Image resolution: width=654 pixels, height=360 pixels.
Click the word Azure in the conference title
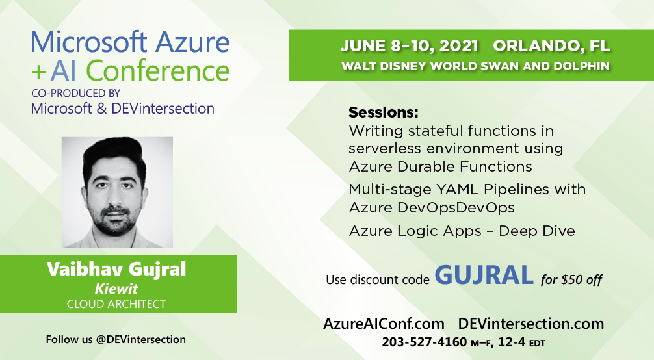[192, 42]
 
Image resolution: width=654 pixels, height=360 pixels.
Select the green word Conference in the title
[158, 70]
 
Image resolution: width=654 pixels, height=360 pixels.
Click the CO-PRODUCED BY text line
[75, 93]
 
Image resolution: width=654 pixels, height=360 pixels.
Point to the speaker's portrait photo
[117, 192]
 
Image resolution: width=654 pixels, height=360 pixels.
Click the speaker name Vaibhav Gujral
[116, 269]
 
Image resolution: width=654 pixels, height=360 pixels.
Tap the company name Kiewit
[116, 289]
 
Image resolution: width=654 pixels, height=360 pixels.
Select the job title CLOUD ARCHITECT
[116, 304]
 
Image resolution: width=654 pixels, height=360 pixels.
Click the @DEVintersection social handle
[141, 340]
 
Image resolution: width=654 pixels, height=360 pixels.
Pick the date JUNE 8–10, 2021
[409, 46]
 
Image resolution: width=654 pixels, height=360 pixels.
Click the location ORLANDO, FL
[551, 46]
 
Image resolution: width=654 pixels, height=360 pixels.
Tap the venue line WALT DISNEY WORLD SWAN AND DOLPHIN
[475, 66]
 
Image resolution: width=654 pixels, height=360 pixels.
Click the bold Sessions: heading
[384, 112]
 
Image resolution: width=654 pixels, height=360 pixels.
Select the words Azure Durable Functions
[441, 167]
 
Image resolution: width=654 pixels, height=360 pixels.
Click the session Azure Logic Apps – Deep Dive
[462, 231]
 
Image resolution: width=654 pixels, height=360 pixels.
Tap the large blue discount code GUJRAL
[484, 275]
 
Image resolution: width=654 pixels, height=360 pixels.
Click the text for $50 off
[571, 279]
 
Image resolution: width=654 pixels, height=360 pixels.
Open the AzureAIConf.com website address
[384, 324]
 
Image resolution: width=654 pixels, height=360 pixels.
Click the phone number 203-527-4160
[424, 342]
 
